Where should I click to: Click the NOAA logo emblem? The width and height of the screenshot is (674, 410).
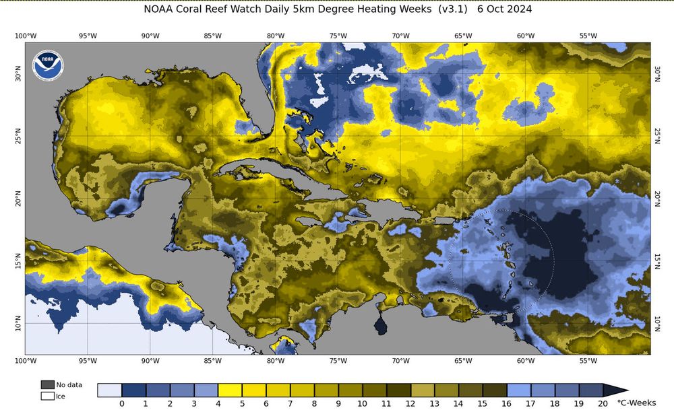click(45, 63)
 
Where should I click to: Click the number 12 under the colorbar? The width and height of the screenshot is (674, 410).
click(410, 403)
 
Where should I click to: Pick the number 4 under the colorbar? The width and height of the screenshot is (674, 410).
click(218, 403)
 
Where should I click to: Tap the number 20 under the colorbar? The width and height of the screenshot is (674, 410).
click(603, 403)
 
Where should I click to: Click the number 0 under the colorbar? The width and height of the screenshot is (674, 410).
click(122, 403)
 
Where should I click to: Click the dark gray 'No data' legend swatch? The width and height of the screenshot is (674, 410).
click(48, 384)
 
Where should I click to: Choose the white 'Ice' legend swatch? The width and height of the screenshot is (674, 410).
click(48, 396)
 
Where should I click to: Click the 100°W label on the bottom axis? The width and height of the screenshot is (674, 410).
click(25, 361)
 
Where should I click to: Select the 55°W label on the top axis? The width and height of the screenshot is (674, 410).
click(588, 36)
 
